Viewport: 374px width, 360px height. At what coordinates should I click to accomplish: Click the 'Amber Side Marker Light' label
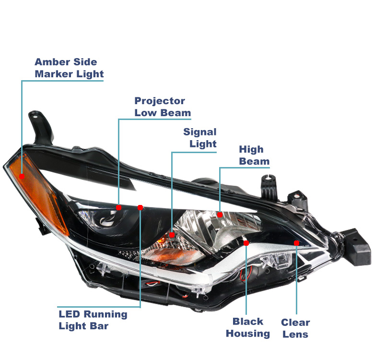[x=69, y=68]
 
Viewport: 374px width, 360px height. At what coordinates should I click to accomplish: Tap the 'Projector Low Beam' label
[x=163, y=107]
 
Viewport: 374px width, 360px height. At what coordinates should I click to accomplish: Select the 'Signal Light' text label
[x=200, y=138]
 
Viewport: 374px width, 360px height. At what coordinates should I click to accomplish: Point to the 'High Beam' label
[x=254, y=155]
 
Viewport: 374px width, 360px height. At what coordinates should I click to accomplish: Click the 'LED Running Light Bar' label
[x=93, y=320]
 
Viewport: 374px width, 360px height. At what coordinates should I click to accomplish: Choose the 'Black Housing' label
[x=248, y=327]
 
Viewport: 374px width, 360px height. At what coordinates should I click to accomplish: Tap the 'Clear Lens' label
[x=295, y=328]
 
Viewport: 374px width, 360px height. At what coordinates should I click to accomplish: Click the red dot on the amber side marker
[x=22, y=177]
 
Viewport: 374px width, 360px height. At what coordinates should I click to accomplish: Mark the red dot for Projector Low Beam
[x=118, y=207]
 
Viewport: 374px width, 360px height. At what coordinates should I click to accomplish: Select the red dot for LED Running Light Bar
[x=140, y=207]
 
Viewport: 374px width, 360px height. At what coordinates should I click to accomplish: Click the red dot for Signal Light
[x=172, y=235]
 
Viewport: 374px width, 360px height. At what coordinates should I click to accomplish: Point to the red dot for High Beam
[x=220, y=215]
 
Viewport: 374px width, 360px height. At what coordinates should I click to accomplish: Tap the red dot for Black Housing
[x=246, y=243]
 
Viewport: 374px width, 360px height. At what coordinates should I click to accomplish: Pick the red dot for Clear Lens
[x=296, y=243]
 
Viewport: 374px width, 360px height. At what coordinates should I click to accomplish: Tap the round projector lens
[x=105, y=218]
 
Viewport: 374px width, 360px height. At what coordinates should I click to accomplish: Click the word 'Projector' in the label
[x=160, y=101]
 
